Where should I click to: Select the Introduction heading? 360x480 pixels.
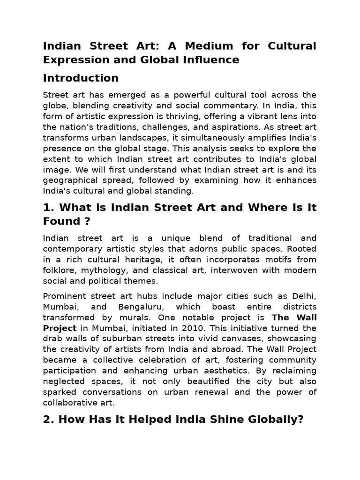click(x=81, y=78)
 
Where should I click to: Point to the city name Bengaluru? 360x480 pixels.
click(x=138, y=307)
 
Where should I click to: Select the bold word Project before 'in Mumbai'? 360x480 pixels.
click(x=60, y=328)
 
